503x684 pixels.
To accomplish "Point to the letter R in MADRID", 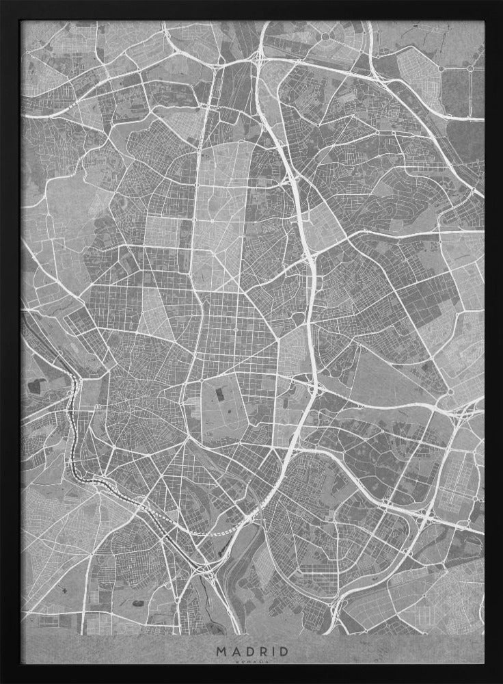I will tap(260, 651).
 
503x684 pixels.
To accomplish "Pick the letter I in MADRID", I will tap(271, 651).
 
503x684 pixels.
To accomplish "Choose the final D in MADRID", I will tap(282, 651).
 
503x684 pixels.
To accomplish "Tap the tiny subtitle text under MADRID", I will tap(251, 662).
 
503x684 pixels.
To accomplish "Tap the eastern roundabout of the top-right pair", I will tap(470, 68).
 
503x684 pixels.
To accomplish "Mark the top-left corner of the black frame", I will tap(3, 3).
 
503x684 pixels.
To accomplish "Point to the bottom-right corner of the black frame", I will tap(500, 681).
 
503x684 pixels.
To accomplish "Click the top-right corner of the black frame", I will tap(500, 3).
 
